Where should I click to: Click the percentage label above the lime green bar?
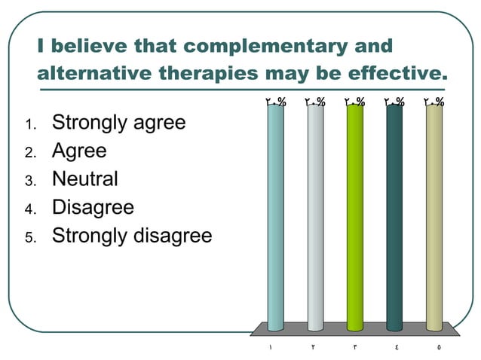pos(354,101)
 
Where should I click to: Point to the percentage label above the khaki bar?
pos(434,101)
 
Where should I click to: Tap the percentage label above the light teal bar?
pos(275,101)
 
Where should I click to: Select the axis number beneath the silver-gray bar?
pos(313,348)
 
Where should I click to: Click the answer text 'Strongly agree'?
pos(118,123)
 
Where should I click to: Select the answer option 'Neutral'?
pos(84,179)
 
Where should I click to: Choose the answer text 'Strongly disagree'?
pos(132,236)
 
